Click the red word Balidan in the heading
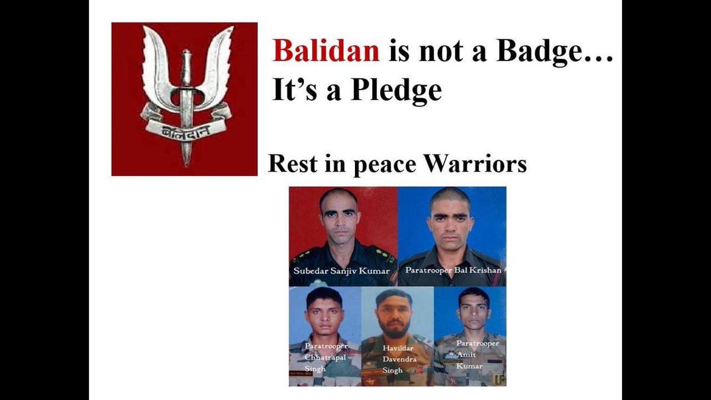tap(326, 51)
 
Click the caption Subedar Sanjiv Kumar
tap(342, 271)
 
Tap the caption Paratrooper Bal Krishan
tap(453, 270)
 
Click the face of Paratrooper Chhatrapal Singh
tap(324, 312)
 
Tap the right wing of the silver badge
tap(215, 68)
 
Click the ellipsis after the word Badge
tap(596, 59)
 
